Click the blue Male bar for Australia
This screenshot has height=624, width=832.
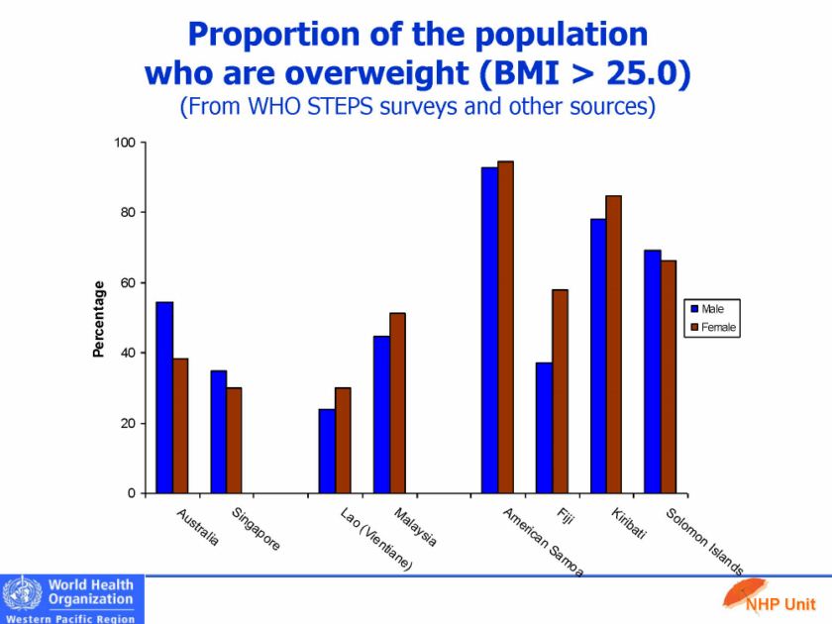click(164, 397)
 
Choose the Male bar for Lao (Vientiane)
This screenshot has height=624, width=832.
click(327, 451)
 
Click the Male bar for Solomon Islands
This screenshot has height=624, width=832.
click(652, 371)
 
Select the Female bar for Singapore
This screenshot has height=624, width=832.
click(234, 440)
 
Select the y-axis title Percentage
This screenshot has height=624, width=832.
click(98, 318)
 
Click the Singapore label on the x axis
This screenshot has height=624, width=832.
click(256, 530)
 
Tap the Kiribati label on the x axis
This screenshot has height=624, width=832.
click(629, 524)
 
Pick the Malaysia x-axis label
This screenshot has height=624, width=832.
click(415, 528)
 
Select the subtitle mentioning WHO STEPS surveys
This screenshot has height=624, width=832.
click(416, 106)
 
